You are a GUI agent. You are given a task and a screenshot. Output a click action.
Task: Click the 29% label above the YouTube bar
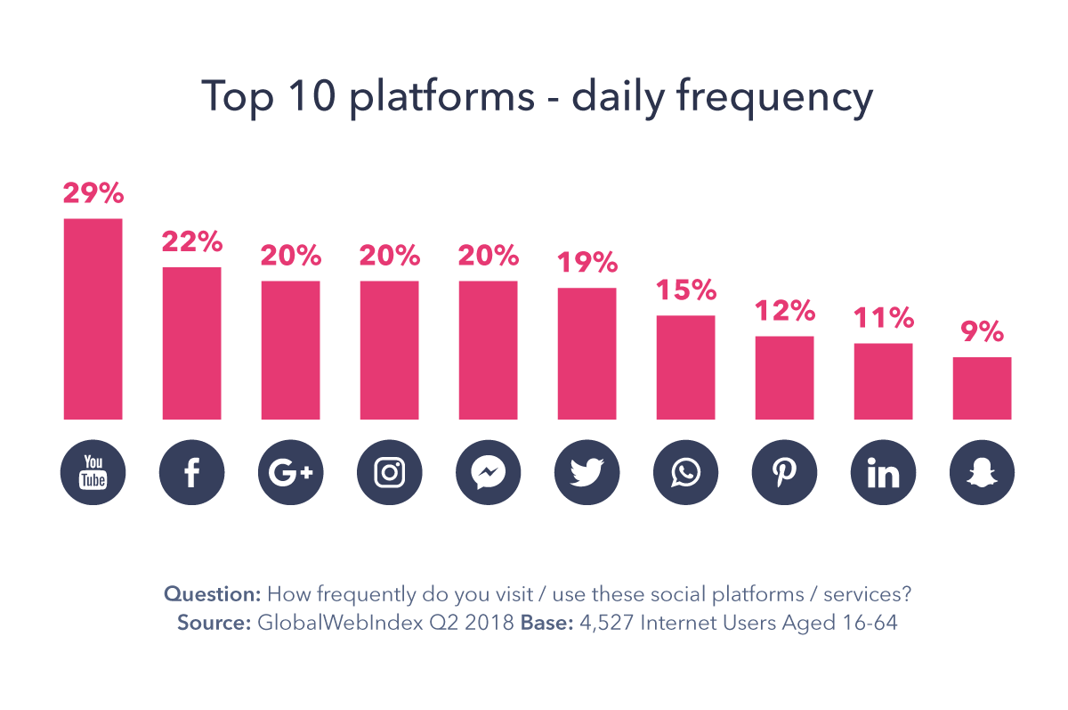click(x=93, y=193)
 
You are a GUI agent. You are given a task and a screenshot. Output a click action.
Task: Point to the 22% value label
click(x=192, y=241)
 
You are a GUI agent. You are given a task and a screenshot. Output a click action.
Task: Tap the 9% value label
click(x=983, y=332)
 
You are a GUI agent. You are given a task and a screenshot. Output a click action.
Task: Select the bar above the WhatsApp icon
click(x=686, y=367)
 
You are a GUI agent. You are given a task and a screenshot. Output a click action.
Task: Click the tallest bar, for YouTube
click(x=93, y=319)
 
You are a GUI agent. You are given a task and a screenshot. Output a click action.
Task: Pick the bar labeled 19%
click(x=587, y=354)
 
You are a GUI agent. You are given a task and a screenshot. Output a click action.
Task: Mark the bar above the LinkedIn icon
click(x=884, y=381)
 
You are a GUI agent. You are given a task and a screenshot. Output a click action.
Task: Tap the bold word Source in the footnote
click(x=214, y=623)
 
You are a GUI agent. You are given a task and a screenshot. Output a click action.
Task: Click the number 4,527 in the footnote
click(x=610, y=623)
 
